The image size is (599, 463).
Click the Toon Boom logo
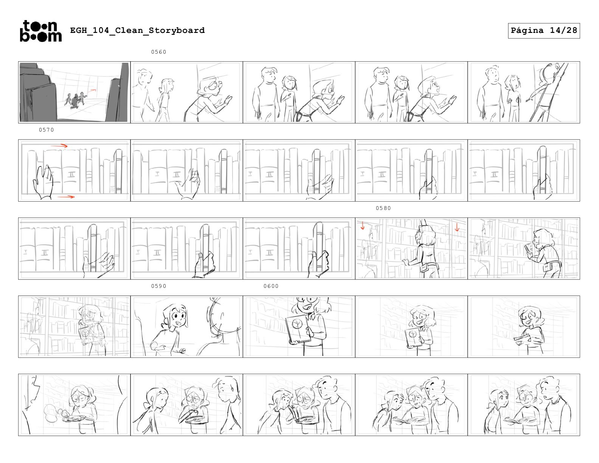pyautogui.click(x=41, y=31)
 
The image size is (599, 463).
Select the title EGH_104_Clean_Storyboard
pyautogui.click(x=137, y=30)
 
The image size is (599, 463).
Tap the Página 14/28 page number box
pyautogui.click(x=543, y=31)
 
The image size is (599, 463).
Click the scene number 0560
pyautogui.click(x=159, y=52)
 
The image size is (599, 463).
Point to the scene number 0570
pyautogui.click(x=46, y=130)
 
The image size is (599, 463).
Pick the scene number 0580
pyautogui.click(x=383, y=208)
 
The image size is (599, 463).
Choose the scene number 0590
pyautogui.click(x=159, y=286)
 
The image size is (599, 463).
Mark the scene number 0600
pyautogui.click(x=271, y=286)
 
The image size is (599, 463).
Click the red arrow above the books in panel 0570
pyautogui.click(x=59, y=146)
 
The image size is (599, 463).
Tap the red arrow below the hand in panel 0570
pyautogui.click(x=66, y=197)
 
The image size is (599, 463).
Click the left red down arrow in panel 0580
pyautogui.click(x=363, y=226)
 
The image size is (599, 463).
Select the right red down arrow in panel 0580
pyautogui.click(x=457, y=227)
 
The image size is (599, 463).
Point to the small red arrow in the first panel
pyautogui.click(x=93, y=90)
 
